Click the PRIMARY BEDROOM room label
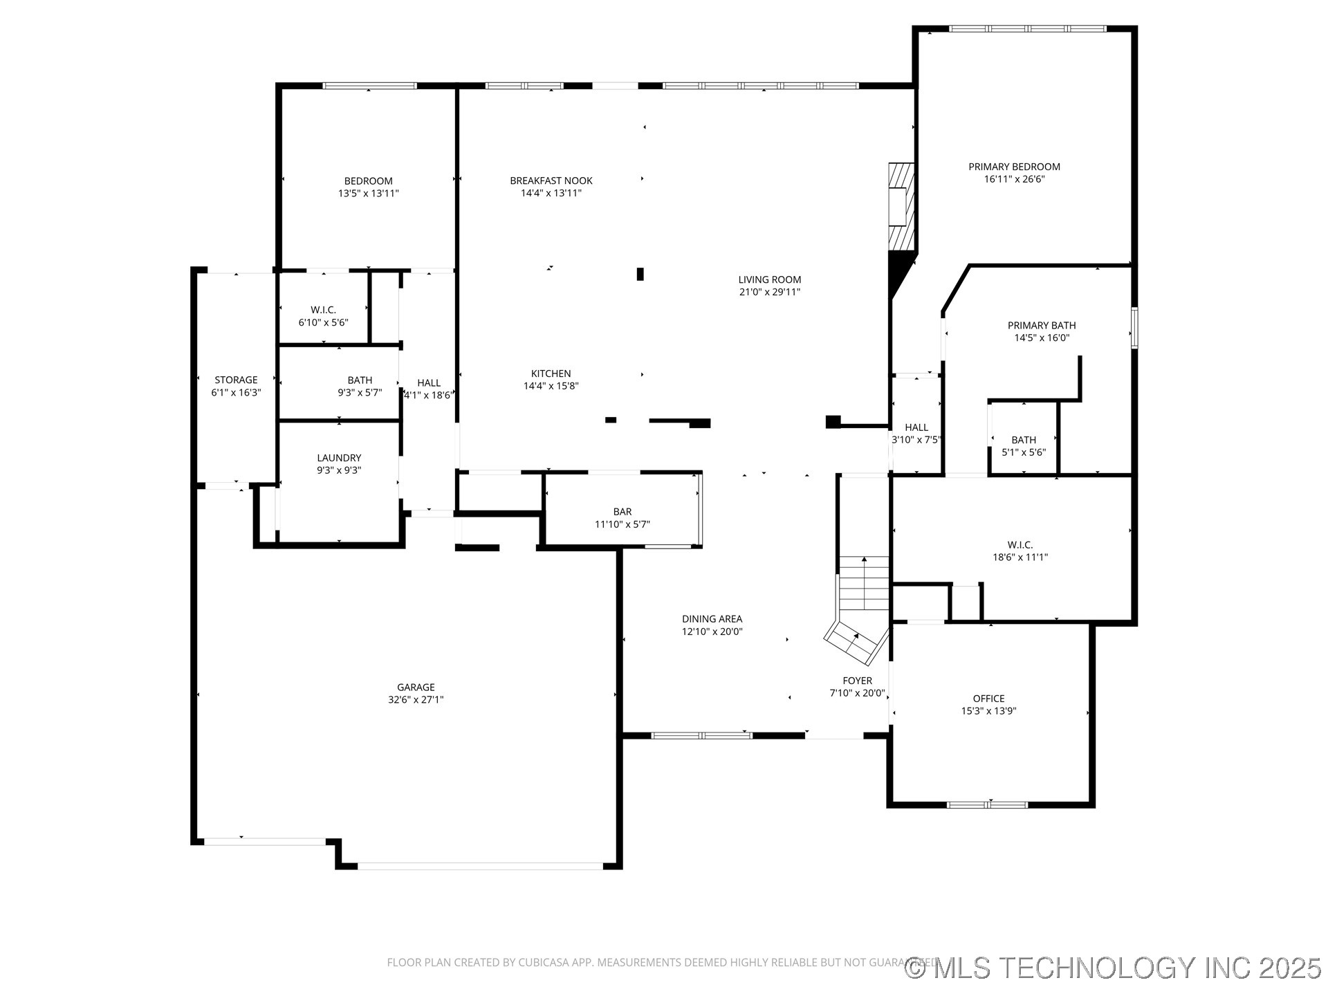1014,167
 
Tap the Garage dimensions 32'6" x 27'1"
416,699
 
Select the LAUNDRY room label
339,458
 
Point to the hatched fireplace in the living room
901,205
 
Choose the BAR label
622,512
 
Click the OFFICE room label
988,699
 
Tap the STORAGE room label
236,380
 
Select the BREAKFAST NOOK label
551,181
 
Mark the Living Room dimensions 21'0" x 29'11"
769,292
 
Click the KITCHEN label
551,373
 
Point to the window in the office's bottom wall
987,804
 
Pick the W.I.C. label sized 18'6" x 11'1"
1020,545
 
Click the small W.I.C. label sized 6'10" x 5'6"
323,310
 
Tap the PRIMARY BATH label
1041,325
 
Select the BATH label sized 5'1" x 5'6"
1024,440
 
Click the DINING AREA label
712,619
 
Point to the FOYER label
857,681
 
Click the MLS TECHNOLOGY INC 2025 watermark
1114,968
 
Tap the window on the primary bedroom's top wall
1027,29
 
